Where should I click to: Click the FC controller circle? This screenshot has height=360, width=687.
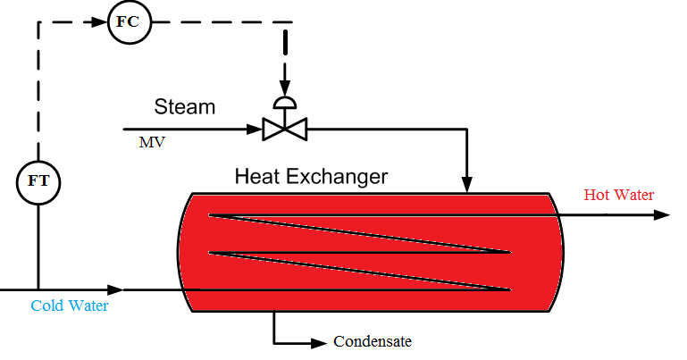(127, 21)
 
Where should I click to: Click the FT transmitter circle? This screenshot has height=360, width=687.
(38, 182)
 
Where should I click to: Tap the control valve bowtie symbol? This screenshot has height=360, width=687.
(285, 130)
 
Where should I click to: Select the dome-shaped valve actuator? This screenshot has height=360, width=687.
(285, 102)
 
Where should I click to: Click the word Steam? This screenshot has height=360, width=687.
(185, 107)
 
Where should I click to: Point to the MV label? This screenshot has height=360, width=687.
(151, 141)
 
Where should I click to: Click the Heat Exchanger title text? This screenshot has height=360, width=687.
(311, 177)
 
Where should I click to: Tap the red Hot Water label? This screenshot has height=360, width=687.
(619, 195)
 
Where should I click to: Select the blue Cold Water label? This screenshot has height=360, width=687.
(70, 306)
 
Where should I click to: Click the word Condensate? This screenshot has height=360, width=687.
(373, 341)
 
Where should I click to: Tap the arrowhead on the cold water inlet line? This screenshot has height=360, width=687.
(115, 289)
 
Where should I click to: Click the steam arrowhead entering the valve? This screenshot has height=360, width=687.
(256, 130)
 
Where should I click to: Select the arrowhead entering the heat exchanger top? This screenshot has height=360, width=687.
(467, 186)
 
